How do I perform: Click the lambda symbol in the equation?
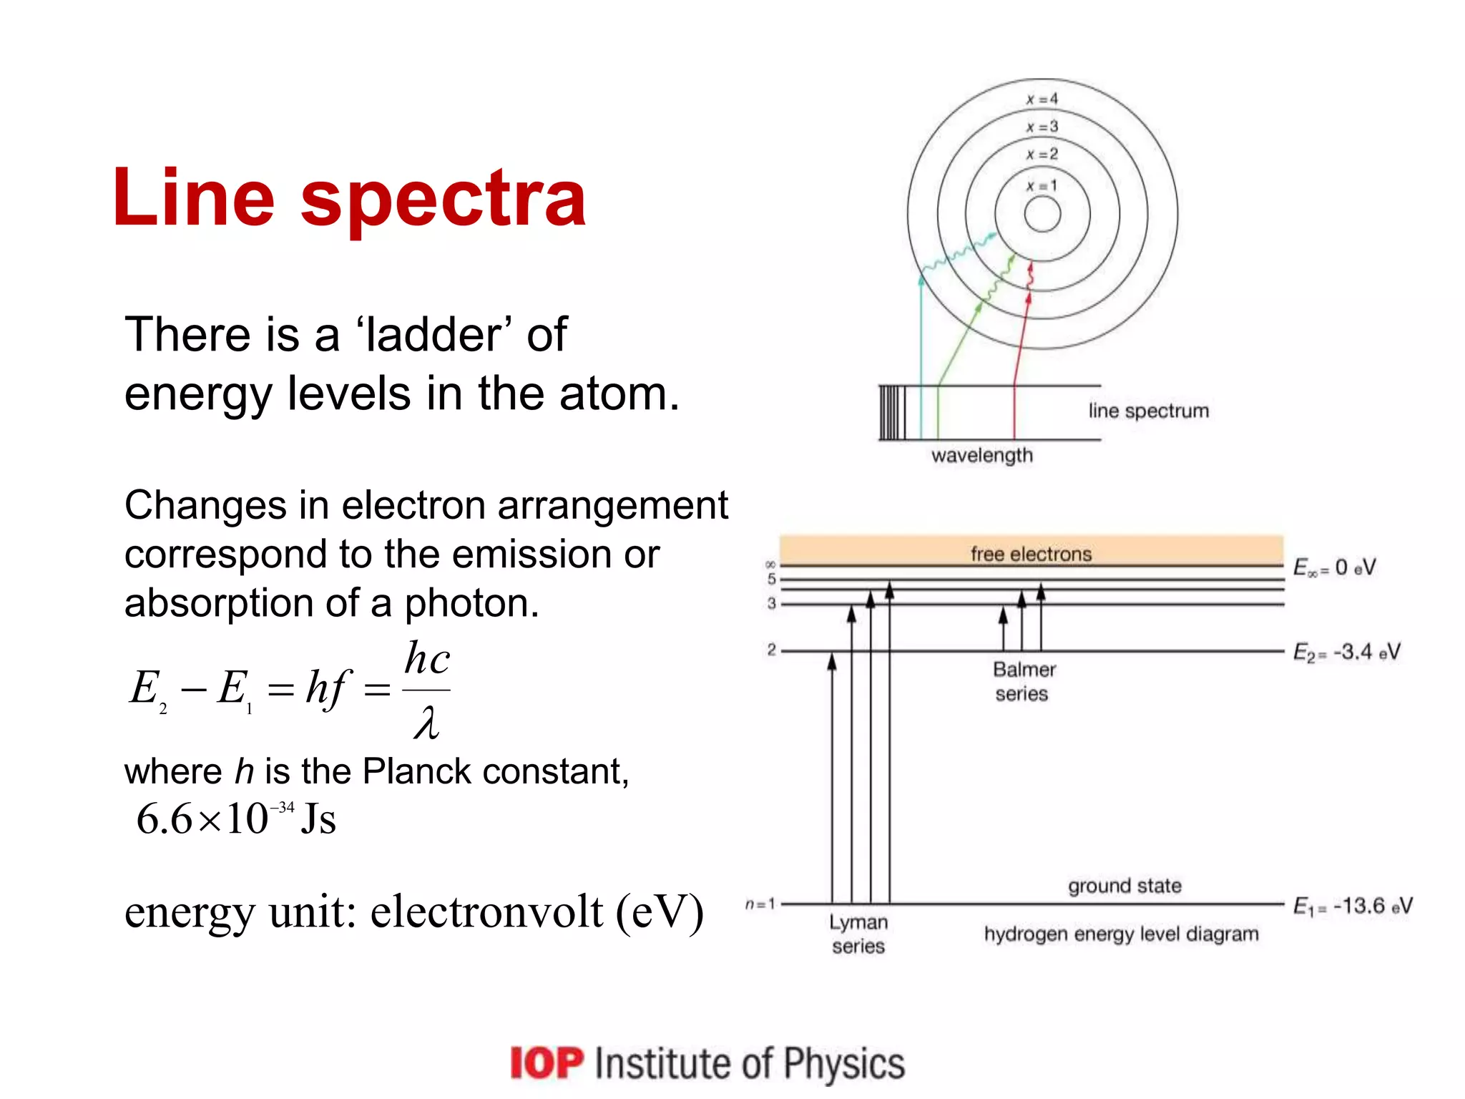tap(426, 723)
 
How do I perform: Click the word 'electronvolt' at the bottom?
tap(486, 912)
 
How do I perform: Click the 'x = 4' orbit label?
tap(1042, 99)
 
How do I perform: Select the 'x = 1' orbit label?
tap(1042, 186)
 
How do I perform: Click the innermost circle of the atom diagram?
tap(1042, 214)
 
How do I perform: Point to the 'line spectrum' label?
tap(1149, 411)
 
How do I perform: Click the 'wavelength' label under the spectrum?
tap(982, 456)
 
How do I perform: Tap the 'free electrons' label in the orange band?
tap(1031, 554)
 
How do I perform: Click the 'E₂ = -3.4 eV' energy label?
tap(1346, 653)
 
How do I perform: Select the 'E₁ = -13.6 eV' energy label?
tap(1353, 907)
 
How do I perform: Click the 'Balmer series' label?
tap(1024, 681)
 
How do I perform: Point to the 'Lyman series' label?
tap(858, 934)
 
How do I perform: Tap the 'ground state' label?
tap(1125, 886)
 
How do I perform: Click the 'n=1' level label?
tap(760, 904)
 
